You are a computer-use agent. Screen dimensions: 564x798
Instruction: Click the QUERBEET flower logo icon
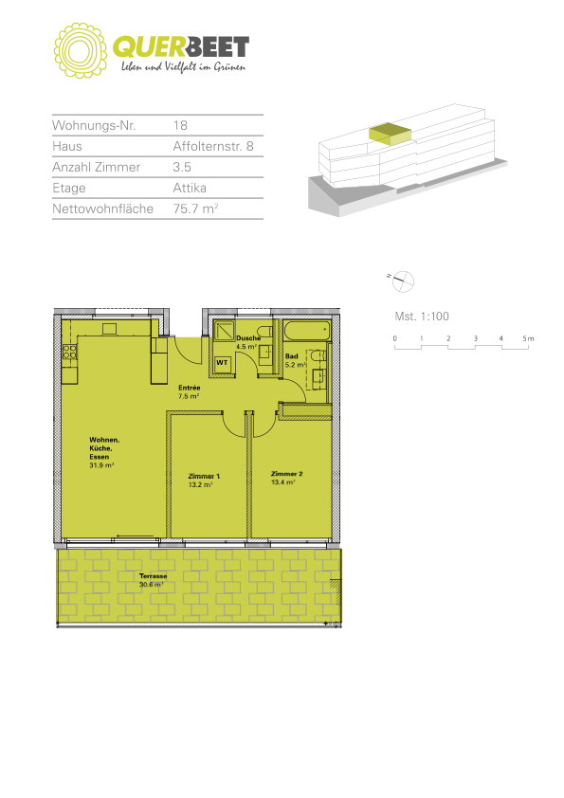(81, 50)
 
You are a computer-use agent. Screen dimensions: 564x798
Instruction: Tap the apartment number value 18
(180, 126)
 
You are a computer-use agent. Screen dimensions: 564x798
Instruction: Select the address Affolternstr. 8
(212, 147)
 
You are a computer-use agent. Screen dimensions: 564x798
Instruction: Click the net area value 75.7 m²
(195, 209)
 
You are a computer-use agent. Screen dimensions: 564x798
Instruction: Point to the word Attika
(190, 188)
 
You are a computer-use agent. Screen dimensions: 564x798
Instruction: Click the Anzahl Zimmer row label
(96, 167)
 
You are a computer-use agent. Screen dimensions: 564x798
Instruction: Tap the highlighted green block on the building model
(390, 134)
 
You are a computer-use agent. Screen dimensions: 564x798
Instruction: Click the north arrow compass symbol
(402, 281)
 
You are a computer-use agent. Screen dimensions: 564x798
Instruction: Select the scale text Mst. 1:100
(422, 316)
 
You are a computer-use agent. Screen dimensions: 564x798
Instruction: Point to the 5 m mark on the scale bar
(528, 338)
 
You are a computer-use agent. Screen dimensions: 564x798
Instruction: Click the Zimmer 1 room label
(204, 481)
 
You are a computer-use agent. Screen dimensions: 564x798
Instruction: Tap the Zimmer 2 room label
(286, 478)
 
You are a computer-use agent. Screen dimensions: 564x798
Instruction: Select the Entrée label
(189, 391)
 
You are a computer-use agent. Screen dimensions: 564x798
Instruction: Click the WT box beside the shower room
(222, 363)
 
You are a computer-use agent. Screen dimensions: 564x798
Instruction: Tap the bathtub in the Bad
(307, 332)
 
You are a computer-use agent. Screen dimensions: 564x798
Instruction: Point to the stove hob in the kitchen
(69, 353)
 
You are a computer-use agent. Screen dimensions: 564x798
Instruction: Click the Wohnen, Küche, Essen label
(104, 452)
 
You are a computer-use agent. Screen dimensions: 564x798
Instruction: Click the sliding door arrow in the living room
(135, 535)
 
